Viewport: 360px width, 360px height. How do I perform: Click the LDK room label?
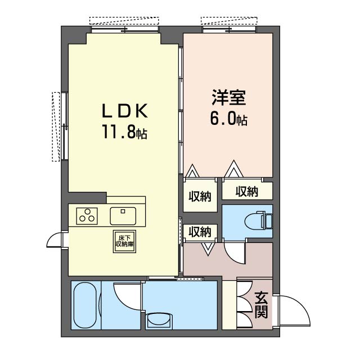pos(124,111)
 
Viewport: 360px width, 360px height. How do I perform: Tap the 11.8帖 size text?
pos(124,132)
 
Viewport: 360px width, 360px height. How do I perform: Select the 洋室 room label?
pos(229,98)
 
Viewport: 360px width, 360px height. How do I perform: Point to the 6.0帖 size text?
pos(229,119)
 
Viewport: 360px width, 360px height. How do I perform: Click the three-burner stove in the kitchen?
pos(87,216)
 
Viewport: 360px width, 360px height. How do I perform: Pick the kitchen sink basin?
pos(123,216)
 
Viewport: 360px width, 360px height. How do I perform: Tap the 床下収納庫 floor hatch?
pos(124,241)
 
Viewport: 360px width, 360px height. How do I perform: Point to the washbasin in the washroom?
pos(159,321)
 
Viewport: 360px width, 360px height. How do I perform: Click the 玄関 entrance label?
pos(261,305)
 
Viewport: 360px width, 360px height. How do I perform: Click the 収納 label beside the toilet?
pos(200,232)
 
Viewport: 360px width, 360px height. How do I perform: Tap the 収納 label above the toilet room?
pos(247,191)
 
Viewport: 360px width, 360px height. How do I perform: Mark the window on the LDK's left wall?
pos(65,126)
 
